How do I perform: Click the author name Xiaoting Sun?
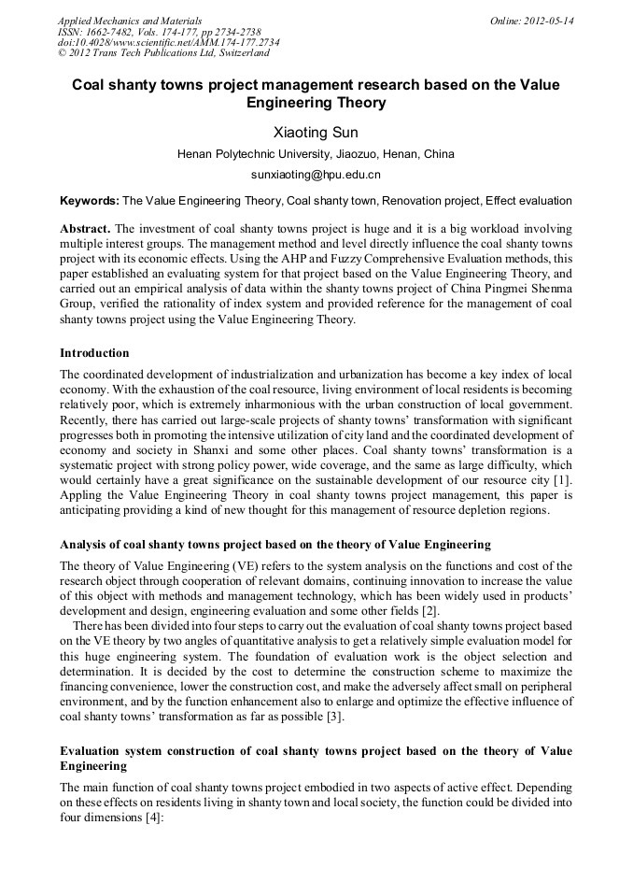click(316, 133)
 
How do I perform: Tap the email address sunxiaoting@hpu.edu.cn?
click(316, 175)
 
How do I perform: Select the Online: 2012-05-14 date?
click(531, 21)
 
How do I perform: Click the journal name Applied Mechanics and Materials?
click(130, 21)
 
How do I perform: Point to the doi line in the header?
click(168, 42)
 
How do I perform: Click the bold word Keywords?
click(90, 201)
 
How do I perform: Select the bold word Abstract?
click(85, 228)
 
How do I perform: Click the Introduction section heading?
click(94, 353)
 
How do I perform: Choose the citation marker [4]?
click(151, 818)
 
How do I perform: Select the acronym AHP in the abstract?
click(377, 258)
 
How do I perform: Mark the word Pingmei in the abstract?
click(489, 288)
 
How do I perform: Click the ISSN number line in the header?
click(159, 32)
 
